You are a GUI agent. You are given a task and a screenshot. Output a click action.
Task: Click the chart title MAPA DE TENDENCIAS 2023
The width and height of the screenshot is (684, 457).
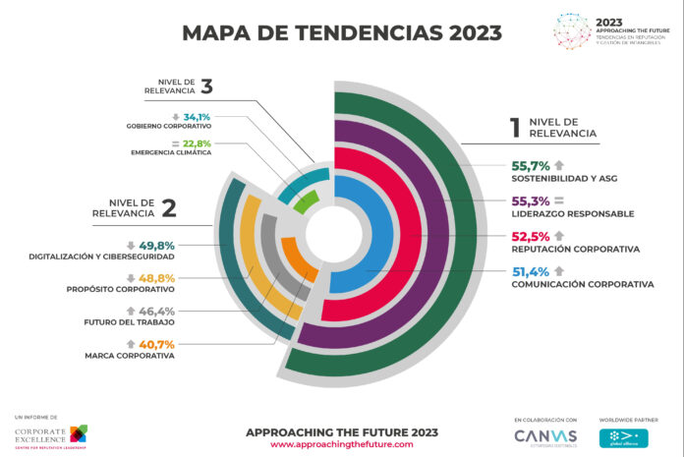342,32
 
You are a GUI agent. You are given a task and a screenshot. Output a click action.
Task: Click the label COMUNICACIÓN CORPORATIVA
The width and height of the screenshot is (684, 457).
582,285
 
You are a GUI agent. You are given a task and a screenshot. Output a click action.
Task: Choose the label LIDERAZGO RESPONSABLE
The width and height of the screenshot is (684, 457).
572,213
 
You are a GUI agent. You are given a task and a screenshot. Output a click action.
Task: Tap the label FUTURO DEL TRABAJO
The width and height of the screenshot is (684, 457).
130,322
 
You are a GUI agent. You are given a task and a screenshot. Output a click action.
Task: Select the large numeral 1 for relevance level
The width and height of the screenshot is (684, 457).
513,127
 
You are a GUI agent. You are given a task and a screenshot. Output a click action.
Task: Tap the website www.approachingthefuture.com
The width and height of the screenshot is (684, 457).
341,444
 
